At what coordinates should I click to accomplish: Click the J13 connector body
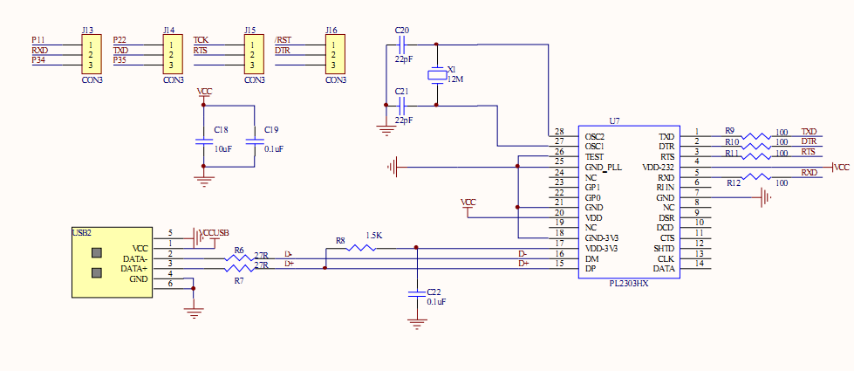(x=92, y=54)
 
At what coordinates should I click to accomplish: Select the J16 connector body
(x=333, y=54)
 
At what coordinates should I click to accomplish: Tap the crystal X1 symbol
(x=436, y=75)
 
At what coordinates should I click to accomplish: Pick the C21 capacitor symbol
(x=401, y=105)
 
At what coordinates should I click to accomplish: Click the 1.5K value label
(x=374, y=236)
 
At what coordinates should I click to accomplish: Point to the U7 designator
(x=614, y=121)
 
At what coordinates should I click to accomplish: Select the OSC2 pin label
(x=594, y=137)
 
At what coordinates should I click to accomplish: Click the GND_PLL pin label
(x=603, y=167)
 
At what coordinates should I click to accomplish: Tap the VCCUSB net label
(x=215, y=233)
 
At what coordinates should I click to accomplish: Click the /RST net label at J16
(x=284, y=40)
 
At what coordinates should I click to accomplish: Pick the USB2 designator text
(x=83, y=232)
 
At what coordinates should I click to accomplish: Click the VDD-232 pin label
(x=658, y=167)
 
